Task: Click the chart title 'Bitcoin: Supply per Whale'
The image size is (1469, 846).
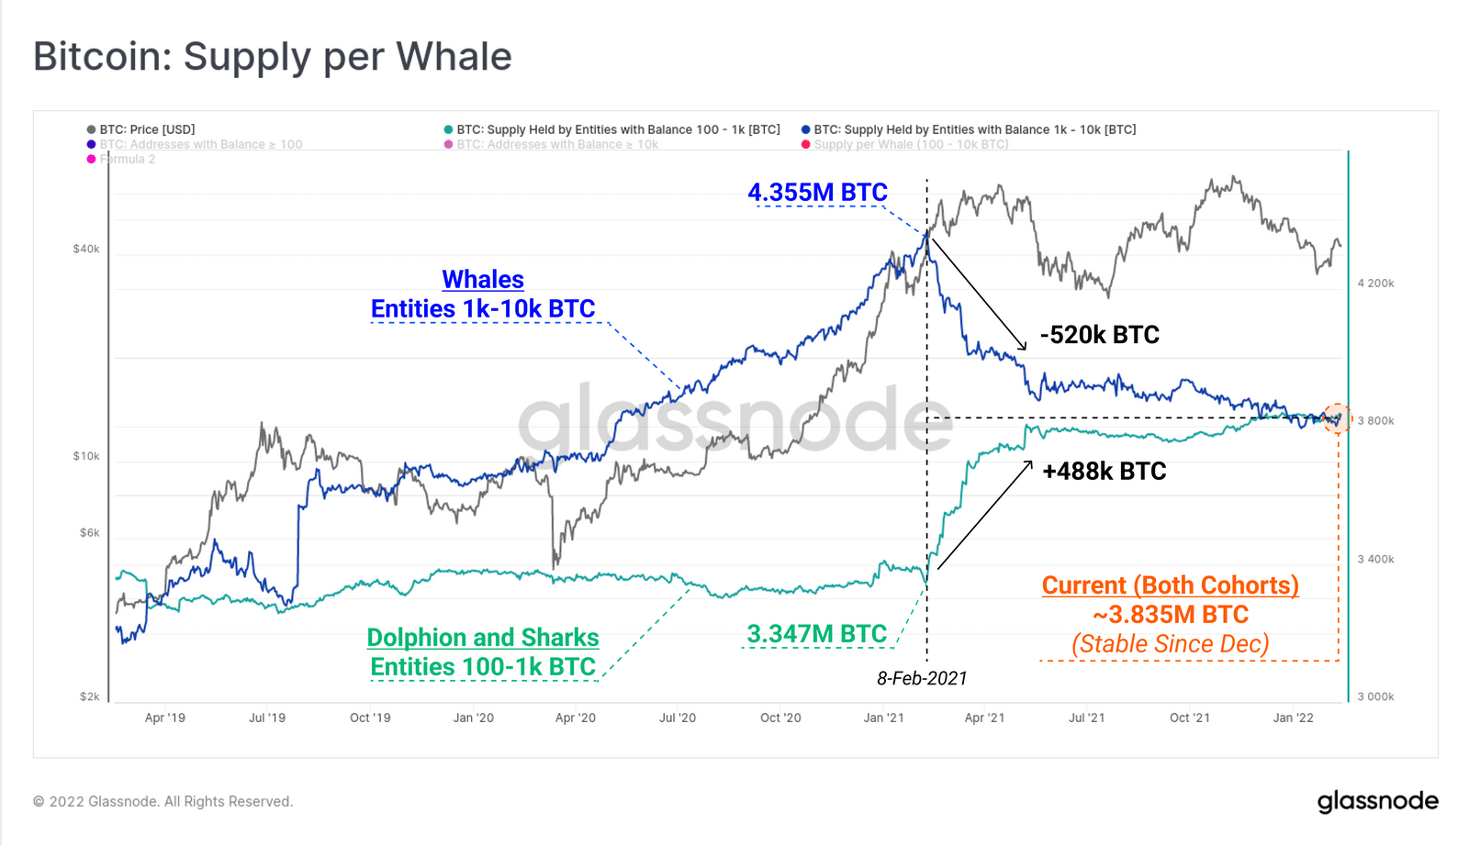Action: [x=273, y=57]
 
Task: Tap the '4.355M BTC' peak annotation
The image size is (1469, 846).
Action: [x=817, y=193]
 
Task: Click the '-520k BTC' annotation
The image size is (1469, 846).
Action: [x=1099, y=335]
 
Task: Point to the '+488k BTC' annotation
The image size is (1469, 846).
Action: [x=1104, y=472]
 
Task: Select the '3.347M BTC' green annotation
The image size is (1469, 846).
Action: [x=816, y=634]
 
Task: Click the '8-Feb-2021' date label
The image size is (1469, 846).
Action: [x=922, y=678]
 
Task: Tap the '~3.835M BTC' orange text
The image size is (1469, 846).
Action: [x=1171, y=615]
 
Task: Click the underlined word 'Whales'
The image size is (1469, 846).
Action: [x=483, y=280]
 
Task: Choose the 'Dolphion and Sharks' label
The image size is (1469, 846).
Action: [x=483, y=638]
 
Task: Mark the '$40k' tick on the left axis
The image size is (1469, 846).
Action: [x=86, y=249]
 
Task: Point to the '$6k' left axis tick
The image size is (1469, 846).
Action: [x=89, y=532]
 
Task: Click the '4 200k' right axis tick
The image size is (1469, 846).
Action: [x=1375, y=284]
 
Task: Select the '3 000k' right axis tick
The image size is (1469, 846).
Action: [x=1375, y=696]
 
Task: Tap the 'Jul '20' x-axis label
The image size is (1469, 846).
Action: [x=678, y=718]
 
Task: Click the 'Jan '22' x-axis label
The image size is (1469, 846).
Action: [x=1293, y=718]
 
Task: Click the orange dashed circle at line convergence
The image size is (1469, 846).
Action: [x=1337, y=418]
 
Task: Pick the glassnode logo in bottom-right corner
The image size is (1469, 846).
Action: [x=1377, y=801]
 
